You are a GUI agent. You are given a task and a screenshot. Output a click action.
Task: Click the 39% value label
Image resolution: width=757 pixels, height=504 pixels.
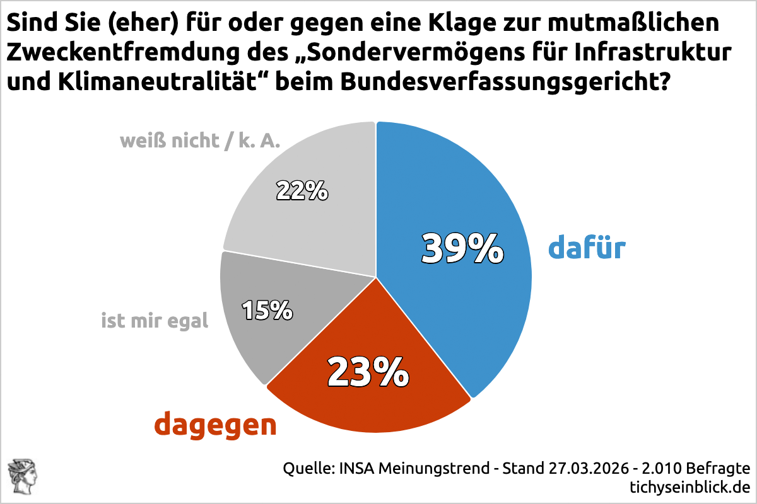[462, 248]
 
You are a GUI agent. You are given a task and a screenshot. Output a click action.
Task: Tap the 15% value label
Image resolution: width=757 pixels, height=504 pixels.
[267, 309]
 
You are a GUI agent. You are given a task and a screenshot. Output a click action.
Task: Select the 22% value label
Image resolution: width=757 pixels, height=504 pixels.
[302, 190]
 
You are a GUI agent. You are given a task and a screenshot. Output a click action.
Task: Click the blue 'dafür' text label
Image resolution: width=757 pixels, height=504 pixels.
[587, 248]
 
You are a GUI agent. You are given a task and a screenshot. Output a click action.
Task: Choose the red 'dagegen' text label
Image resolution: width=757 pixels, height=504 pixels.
[216, 425]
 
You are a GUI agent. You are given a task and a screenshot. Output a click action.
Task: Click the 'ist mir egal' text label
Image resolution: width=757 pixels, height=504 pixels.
[155, 321]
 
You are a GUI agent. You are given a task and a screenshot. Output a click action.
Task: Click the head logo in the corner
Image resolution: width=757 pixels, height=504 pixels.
[22, 477]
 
